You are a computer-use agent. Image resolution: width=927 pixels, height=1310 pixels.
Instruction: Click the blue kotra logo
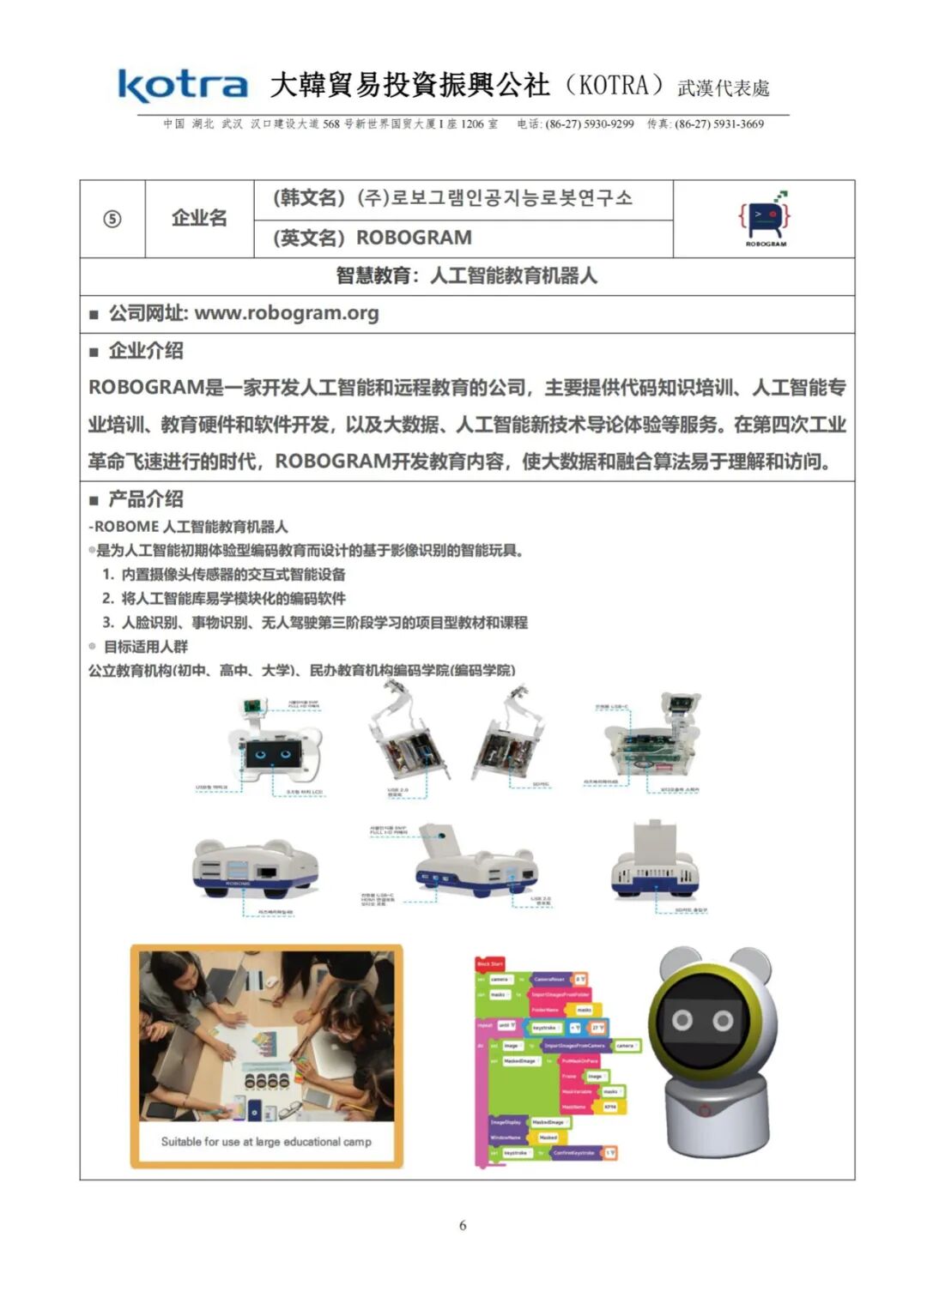click(x=183, y=86)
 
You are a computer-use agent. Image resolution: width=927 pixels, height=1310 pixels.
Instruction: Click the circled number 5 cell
click(x=112, y=219)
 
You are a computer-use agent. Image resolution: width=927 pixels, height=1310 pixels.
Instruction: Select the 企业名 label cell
click(x=199, y=218)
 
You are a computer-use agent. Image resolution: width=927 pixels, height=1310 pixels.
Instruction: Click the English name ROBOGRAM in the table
click(x=414, y=238)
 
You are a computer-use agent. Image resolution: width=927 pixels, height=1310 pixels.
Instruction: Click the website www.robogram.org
click(x=286, y=313)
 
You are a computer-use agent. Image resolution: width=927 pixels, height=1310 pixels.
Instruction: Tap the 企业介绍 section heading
click(x=145, y=350)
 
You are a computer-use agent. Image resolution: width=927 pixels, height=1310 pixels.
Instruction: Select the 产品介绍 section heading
click(x=145, y=498)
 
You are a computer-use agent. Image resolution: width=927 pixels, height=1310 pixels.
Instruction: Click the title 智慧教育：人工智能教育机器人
click(x=466, y=275)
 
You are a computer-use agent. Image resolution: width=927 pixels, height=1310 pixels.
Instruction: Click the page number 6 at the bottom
click(x=463, y=1224)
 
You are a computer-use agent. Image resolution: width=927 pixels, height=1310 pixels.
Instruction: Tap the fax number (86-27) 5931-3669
click(x=718, y=124)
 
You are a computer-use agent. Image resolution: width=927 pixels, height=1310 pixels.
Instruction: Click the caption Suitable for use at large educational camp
click(x=266, y=1142)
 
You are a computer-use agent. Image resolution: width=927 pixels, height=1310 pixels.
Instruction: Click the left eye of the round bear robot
click(x=682, y=1020)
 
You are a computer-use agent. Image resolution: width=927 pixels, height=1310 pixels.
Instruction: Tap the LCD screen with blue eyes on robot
click(x=274, y=756)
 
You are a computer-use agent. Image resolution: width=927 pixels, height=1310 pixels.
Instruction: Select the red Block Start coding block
click(x=490, y=963)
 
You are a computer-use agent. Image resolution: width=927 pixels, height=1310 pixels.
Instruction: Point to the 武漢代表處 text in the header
click(x=723, y=88)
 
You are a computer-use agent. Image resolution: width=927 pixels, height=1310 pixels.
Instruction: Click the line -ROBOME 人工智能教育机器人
click(x=188, y=527)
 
